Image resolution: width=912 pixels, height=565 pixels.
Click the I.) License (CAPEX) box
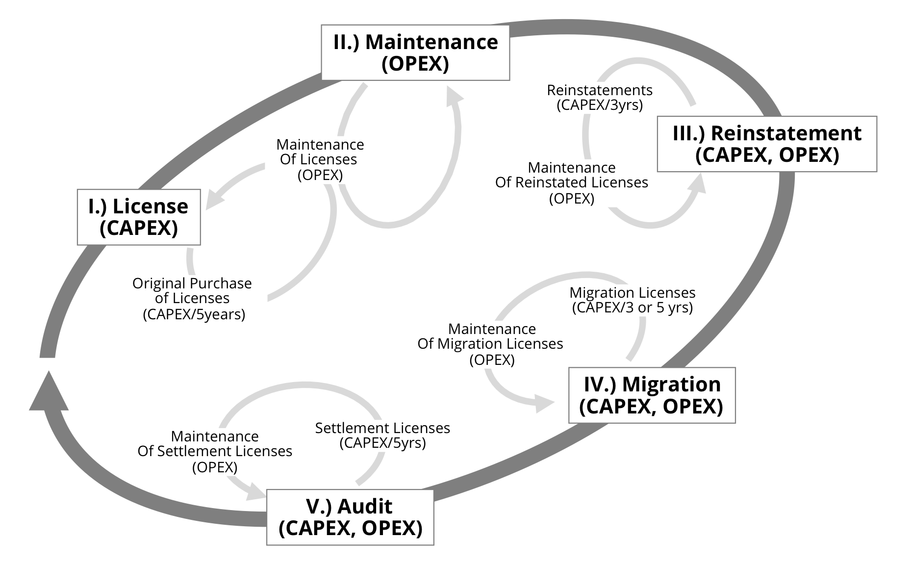coord(139,217)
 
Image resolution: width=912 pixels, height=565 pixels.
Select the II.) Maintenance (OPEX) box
coord(415,52)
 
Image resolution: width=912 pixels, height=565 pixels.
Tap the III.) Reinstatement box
coord(766,144)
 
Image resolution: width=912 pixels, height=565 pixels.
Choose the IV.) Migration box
coord(652,395)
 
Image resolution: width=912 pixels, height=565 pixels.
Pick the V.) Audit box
coord(350,517)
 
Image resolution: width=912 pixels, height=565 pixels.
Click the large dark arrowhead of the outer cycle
coord(49,392)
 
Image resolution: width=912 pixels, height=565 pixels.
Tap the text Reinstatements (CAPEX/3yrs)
coord(600,97)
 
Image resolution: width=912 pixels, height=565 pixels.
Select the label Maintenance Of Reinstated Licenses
coord(572,182)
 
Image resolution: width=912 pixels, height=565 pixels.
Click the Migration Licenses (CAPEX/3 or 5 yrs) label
coord(632,300)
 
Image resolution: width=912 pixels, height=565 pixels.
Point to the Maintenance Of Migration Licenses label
coord(491,344)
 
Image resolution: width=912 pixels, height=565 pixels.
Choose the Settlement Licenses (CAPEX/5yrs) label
coord(382,435)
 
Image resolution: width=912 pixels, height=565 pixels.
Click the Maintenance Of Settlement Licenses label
coord(215,451)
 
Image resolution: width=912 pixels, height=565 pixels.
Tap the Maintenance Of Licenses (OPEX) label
coord(320,159)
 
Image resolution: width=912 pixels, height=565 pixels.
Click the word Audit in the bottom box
coord(365,506)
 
